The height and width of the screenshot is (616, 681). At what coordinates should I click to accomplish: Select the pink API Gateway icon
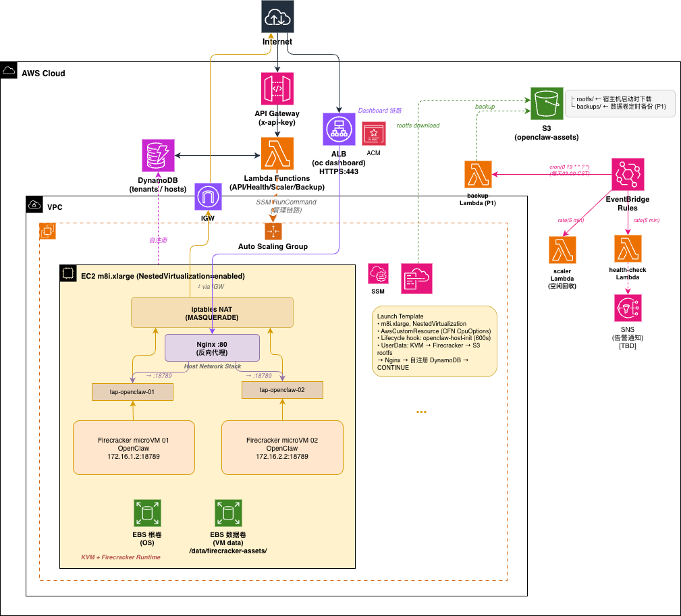277,88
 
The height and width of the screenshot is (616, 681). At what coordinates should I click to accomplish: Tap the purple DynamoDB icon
159,155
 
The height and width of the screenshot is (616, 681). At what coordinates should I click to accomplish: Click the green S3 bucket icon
546,104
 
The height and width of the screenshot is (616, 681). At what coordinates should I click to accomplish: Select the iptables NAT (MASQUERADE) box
213,313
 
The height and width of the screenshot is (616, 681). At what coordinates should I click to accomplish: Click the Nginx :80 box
213,347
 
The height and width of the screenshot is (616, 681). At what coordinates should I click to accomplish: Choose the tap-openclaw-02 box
282,390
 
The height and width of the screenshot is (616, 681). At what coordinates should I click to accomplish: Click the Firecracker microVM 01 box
134,447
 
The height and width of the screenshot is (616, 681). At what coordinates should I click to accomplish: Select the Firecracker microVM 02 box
282,447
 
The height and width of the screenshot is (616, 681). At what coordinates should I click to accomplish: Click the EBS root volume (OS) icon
147,513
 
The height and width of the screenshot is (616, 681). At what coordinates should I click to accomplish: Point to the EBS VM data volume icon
228,513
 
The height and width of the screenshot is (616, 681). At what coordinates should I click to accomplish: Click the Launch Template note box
434,341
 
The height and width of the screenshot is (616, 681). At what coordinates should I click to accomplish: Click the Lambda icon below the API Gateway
277,153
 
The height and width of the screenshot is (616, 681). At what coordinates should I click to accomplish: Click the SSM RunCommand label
286,206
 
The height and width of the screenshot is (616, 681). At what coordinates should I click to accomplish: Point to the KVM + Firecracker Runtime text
121,557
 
